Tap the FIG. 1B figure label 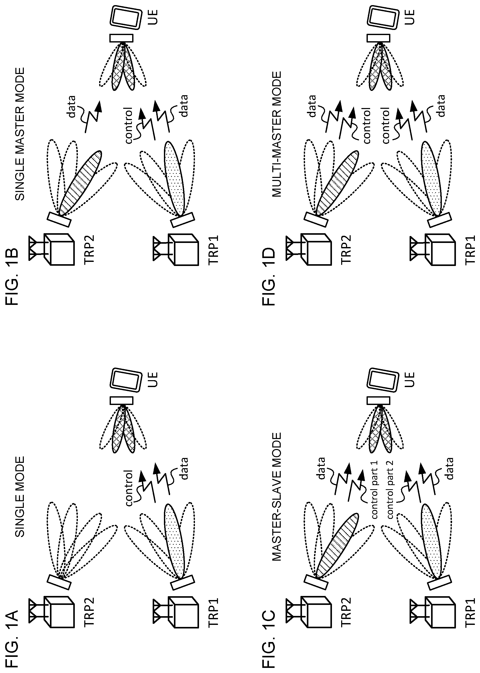[x=12, y=277]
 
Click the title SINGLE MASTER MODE [x=20, y=134]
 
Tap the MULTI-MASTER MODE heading [x=276, y=134]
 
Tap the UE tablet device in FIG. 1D [x=382, y=17]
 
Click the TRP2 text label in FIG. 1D [x=346, y=249]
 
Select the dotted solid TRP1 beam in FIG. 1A [x=176, y=540]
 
